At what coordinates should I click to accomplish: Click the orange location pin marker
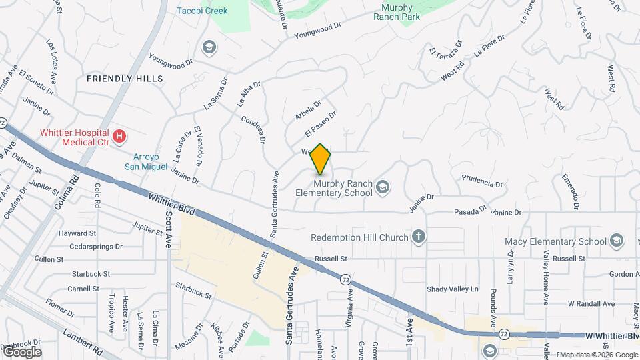(x=321, y=159)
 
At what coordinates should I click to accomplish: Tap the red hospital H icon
(x=119, y=137)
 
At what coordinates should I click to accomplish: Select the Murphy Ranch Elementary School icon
(x=382, y=187)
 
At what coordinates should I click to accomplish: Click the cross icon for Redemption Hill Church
(x=418, y=237)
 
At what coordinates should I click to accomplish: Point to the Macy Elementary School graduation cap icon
(x=617, y=241)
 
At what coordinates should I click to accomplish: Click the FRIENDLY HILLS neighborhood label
(x=125, y=79)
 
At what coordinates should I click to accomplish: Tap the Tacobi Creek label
(x=202, y=11)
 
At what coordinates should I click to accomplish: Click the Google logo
(x=22, y=351)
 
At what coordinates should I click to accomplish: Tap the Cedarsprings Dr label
(x=91, y=246)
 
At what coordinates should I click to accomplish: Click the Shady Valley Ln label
(x=453, y=289)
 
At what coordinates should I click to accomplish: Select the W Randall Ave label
(x=591, y=303)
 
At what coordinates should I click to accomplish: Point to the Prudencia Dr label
(x=481, y=182)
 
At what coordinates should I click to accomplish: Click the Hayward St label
(x=77, y=233)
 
